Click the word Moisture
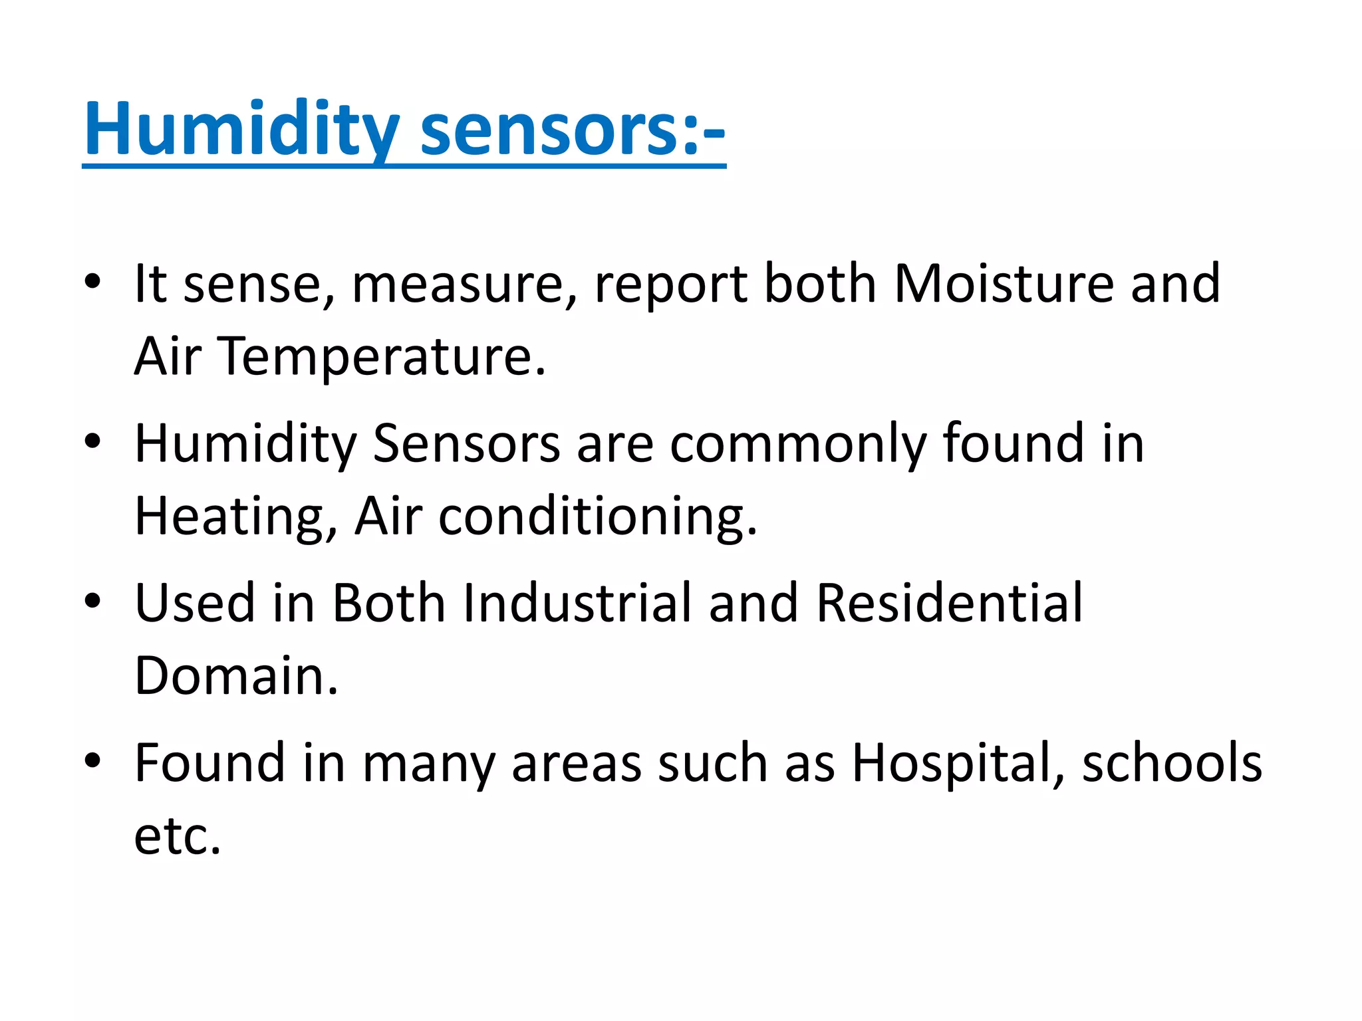pos(1004,284)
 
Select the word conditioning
pos(597,516)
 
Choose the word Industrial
pos(578,603)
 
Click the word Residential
pos(950,603)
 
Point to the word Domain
pos(235,676)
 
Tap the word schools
pos(1172,763)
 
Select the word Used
pos(195,603)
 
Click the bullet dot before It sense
pos(92,282)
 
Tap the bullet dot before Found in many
pos(92,760)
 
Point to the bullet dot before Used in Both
pos(92,600)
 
